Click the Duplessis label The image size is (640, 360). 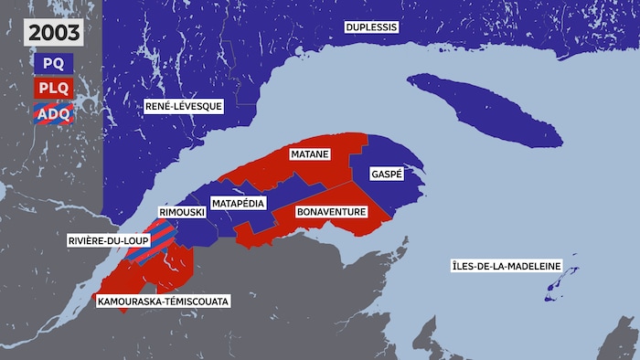371,27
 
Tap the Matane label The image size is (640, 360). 310,154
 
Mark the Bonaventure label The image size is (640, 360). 332,212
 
